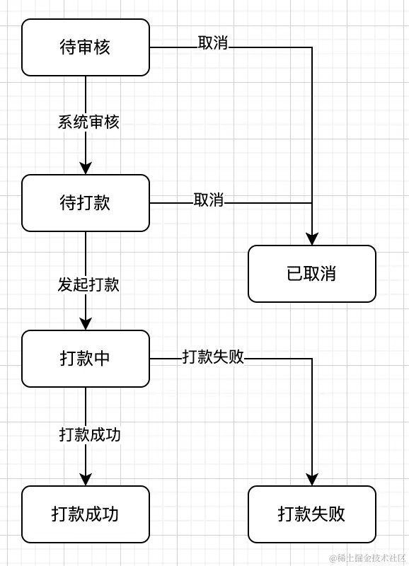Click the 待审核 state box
click(x=86, y=47)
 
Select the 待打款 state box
click(x=86, y=203)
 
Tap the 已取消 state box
click(x=311, y=274)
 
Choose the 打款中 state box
click(x=86, y=359)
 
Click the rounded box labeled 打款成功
click(x=86, y=514)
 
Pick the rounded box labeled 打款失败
click(x=311, y=514)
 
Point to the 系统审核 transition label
click(x=88, y=122)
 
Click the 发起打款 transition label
click(x=88, y=284)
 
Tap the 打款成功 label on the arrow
click(x=89, y=434)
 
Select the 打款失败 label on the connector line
click(x=213, y=357)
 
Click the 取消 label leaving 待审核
click(x=213, y=43)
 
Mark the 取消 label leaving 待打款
click(x=209, y=200)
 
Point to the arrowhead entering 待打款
click(x=86, y=168)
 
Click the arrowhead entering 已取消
click(x=312, y=239)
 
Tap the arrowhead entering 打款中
click(x=86, y=324)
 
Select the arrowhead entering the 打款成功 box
click(x=86, y=480)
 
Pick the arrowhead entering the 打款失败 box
click(x=312, y=480)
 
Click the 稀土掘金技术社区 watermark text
click(x=362, y=557)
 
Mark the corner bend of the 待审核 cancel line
click(x=312, y=47)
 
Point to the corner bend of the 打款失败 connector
click(x=312, y=359)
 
